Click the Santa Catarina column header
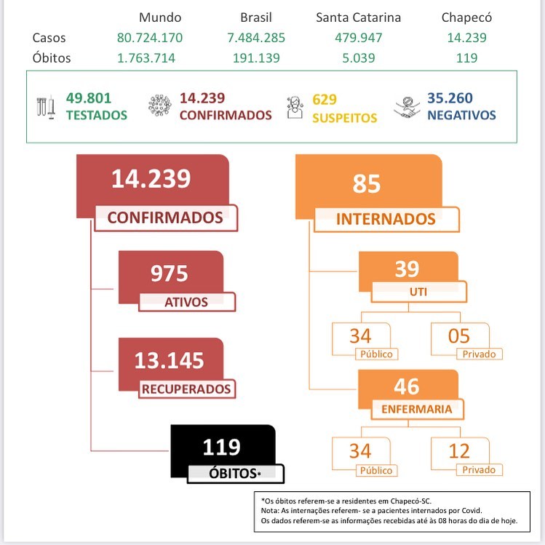click(x=358, y=17)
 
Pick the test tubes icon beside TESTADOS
click(x=46, y=106)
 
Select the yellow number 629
click(x=325, y=99)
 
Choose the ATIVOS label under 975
click(x=186, y=302)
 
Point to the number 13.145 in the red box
click(x=169, y=359)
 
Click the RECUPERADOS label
click(x=186, y=389)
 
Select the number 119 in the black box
click(x=221, y=445)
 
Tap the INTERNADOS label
click(x=386, y=218)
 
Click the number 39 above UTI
click(x=407, y=269)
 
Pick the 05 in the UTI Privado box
click(x=459, y=335)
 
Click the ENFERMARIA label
click(x=416, y=409)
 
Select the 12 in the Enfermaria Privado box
click(x=459, y=451)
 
